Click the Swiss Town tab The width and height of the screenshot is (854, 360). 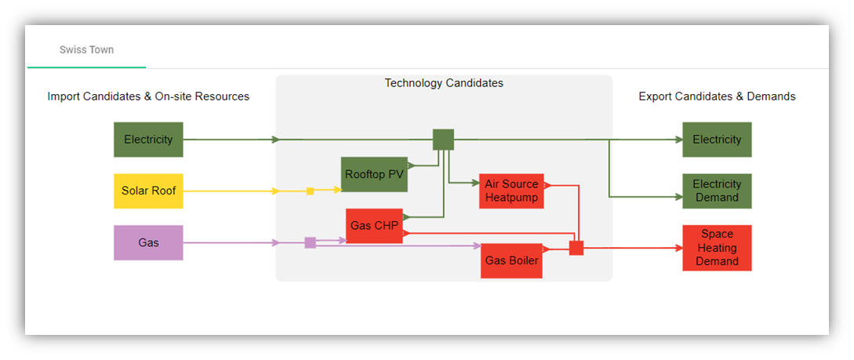[86, 49]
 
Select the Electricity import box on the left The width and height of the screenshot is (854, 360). [148, 140]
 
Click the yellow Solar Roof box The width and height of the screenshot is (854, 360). [148, 191]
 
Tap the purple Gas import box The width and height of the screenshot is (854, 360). [148, 243]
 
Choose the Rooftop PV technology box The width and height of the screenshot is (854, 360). [374, 174]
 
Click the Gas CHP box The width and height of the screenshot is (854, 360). [374, 226]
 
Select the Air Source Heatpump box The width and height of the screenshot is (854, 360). [511, 191]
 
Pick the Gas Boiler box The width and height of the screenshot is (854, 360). [512, 260]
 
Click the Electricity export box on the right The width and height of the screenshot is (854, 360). [717, 140]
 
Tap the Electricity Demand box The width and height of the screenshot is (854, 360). [717, 191]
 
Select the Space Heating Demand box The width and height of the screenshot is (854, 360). [717, 248]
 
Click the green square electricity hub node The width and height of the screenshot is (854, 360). [444, 140]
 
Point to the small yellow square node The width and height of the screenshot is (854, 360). [310, 191]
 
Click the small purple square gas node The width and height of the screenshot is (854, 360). [310, 243]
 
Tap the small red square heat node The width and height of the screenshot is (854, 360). [576, 248]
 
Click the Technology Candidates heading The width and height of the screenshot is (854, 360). [444, 83]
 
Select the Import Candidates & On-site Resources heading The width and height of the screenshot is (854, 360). [148, 96]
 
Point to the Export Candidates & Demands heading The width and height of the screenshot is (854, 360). [717, 96]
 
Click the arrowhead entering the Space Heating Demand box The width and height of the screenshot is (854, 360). [678, 248]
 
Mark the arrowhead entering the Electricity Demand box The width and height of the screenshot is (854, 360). [678, 196]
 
